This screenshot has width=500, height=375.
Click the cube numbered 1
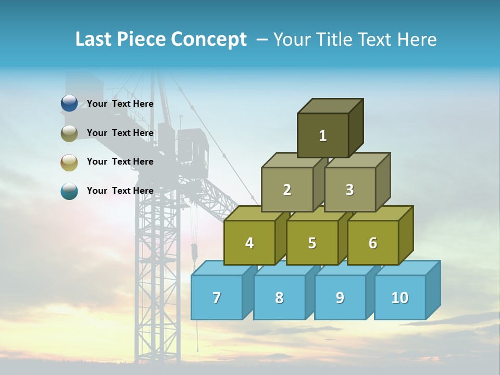point(323,135)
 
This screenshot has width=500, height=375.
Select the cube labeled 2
point(287,190)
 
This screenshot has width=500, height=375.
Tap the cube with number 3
point(349,190)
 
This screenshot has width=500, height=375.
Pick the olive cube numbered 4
point(249,243)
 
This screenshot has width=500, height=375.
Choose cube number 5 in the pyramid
point(312,243)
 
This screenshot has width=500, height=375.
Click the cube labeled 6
point(373,243)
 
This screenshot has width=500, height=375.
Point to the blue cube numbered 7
point(217,297)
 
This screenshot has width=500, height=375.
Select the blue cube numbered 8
point(279,297)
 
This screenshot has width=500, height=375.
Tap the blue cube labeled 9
point(340,297)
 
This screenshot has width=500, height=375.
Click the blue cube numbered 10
point(400,297)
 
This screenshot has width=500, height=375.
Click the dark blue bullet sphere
point(69,104)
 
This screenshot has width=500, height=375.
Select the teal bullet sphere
point(69,191)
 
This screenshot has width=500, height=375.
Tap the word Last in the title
point(94,40)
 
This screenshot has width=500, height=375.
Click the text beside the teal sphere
point(120,191)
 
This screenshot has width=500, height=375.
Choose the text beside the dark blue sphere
point(120,104)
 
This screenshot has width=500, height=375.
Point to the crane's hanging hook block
point(194,253)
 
